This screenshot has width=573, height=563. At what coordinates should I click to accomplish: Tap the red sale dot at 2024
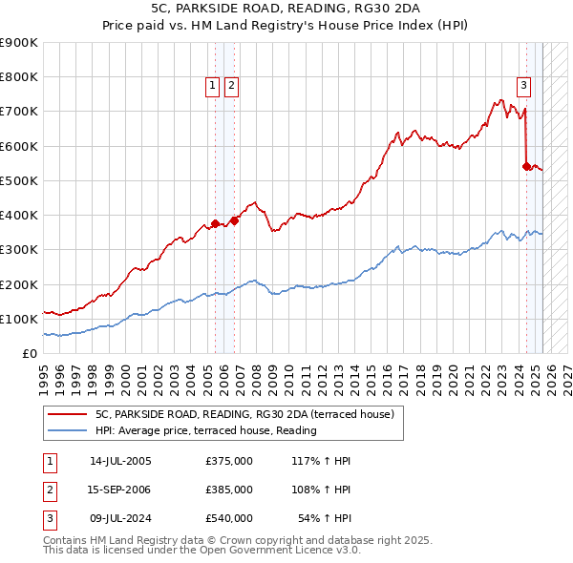pyautogui.click(x=526, y=166)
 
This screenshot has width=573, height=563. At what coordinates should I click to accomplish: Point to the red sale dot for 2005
pyautogui.click(x=215, y=223)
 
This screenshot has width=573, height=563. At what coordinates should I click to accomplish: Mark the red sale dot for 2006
pyautogui.click(x=235, y=220)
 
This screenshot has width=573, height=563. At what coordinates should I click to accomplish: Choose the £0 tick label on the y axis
pyautogui.click(x=30, y=354)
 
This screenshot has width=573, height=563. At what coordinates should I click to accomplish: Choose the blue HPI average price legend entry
pyautogui.click(x=205, y=431)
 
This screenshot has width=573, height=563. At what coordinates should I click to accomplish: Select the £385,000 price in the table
pyautogui.click(x=229, y=490)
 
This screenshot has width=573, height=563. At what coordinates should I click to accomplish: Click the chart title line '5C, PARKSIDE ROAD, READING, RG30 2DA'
pyautogui.click(x=286, y=8)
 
